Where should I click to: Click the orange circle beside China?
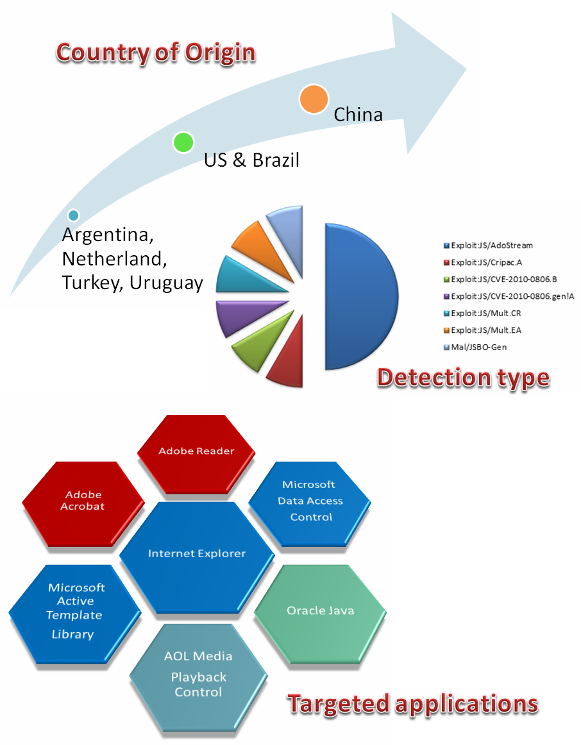pyautogui.click(x=314, y=99)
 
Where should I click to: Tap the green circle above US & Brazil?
pyautogui.click(x=183, y=142)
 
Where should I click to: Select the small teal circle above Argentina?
pyautogui.click(x=73, y=215)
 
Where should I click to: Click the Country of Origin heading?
pyautogui.click(x=155, y=53)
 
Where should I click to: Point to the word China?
pyautogui.click(x=358, y=115)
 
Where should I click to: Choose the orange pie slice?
pyautogui.click(x=252, y=244)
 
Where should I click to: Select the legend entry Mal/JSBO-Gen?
pyautogui.click(x=478, y=347)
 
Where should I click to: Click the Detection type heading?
pyautogui.click(x=463, y=378)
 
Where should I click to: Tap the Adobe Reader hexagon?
pyautogui.click(x=196, y=451)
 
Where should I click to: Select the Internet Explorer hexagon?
pyautogui.click(x=197, y=554)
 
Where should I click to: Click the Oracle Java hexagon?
pyautogui.click(x=320, y=610)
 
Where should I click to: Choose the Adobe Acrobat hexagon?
pyautogui.click(x=83, y=501)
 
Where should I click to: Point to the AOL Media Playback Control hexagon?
pyautogui.click(x=198, y=674)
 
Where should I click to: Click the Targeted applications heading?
pyautogui.click(x=412, y=704)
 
